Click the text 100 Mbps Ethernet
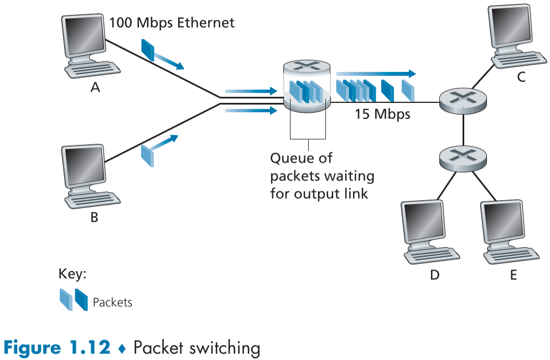[x=172, y=23]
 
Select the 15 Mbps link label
[x=382, y=114]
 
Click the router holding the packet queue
[x=307, y=87]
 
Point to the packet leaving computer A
[x=148, y=49]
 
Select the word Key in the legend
[x=72, y=274]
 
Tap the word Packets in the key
[x=112, y=302]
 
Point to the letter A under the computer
[x=95, y=87]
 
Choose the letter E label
[x=513, y=275]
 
